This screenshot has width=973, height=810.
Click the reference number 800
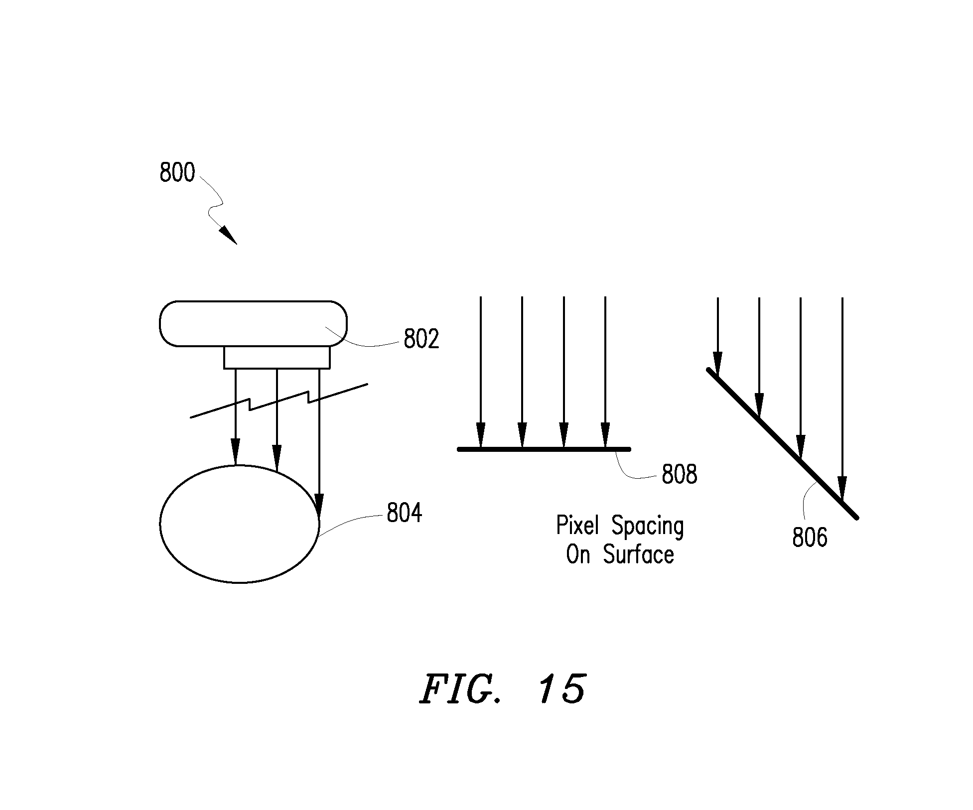pyautogui.click(x=177, y=172)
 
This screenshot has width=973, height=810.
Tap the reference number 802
pyautogui.click(x=421, y=339)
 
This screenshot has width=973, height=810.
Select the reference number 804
pyautogui.click(x=405, y=513)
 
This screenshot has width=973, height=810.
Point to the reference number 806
pyautogui.click(x=810, y=538)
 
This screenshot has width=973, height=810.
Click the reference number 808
pyautogui.click(x=680, y=474)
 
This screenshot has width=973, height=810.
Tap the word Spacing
pyautogui.click(x=648, y=527)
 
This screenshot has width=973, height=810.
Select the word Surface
pyautogui.click(x=639, y=554)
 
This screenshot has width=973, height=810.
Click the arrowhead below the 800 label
pyautogui.click(x=228, y=235)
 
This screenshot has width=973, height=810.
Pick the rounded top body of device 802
pyautogui.click(x=253, y=324)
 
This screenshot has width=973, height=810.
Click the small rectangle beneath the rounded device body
pyautogui.click(x=277, y=358)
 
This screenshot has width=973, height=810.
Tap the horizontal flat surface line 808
pyautogui.click(x=544, y=449)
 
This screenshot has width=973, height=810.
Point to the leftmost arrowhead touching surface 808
pyautogui.click(x=480, y=435)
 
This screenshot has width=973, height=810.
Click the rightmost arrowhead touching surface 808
pyautogui.click(x=605, y=435)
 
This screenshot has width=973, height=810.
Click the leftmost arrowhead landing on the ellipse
pyautogui.click(x=236, y=452)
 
